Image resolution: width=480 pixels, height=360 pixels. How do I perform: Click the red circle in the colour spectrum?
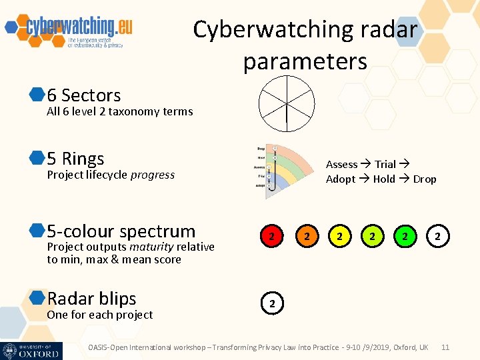(x=271, y=235)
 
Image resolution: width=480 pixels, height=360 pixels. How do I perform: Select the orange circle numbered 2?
(x=306, y=235)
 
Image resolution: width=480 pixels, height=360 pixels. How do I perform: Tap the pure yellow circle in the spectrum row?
(x=340, y=235)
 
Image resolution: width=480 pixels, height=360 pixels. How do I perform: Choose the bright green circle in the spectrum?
(x=405, y=235)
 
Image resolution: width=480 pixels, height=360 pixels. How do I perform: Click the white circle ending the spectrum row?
(x=437, y=235)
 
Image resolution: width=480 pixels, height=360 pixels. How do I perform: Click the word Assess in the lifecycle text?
(x=341, y=165)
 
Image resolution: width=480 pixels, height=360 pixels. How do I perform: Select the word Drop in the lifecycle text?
(x=425, y=179)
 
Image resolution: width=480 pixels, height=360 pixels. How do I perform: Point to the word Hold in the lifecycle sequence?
(x=384, y=179)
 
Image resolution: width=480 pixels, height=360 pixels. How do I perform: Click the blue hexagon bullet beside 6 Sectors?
(x=37, y=95)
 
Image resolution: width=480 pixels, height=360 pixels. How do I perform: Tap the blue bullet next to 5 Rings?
(x=37, y=159)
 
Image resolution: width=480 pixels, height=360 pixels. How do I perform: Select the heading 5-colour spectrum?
(x=121, y=231)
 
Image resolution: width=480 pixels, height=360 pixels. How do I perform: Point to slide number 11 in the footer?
(x=446, y=347)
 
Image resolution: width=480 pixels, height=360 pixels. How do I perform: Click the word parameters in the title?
(x=305, y=62)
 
